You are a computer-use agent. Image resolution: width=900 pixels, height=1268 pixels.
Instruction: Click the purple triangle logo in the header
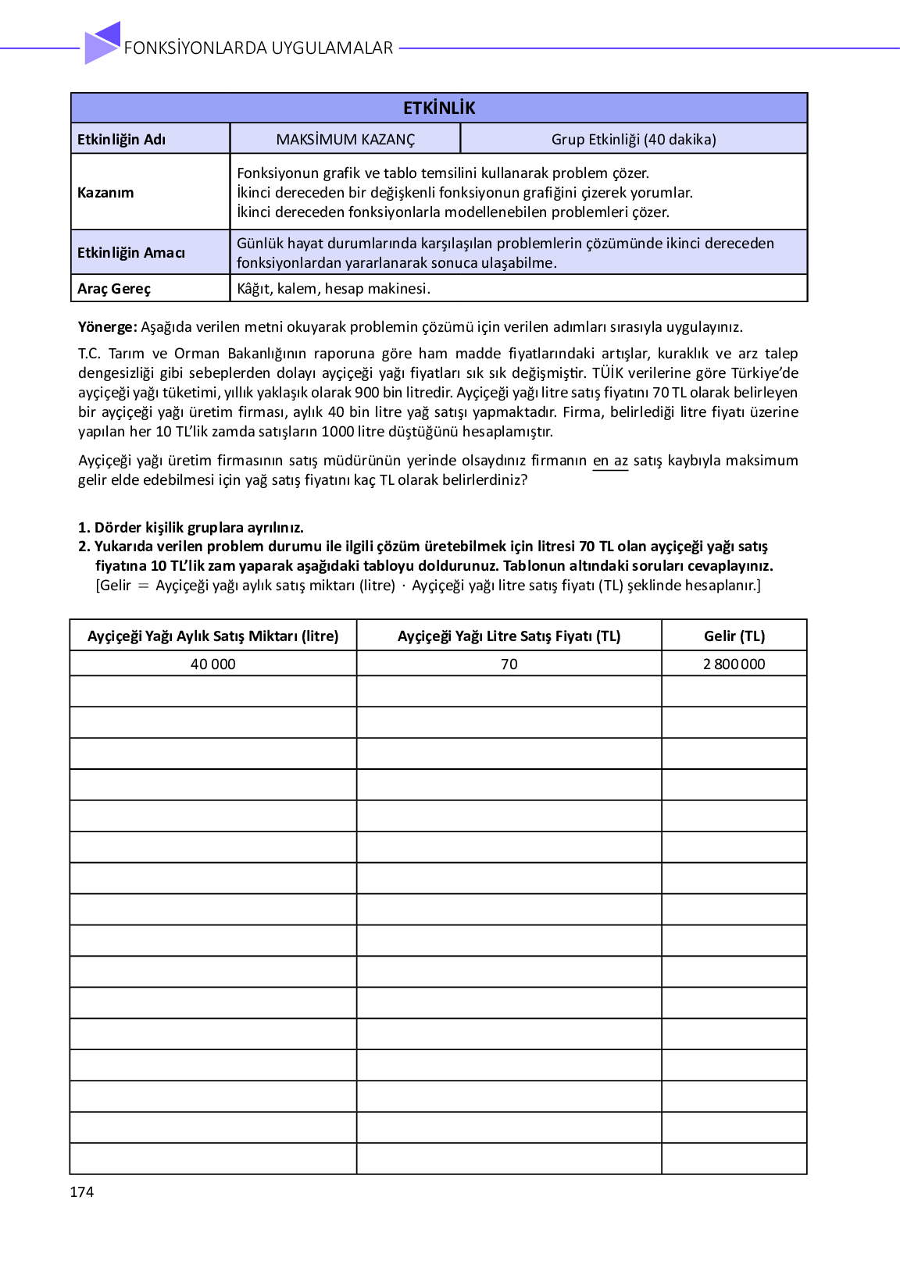pyautogui.click(x=102, y=43)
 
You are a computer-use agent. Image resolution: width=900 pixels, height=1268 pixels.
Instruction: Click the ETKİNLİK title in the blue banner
pyautogui.click(x=439, y=109)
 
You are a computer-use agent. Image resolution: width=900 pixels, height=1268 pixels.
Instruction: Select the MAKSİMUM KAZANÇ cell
pyautogui.click(x=345, y=140)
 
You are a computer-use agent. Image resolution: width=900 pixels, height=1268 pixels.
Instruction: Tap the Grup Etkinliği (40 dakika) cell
pyautogui.click(x=634, y=140)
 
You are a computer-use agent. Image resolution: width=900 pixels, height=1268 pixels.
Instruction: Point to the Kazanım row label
pyautogui.click(x=105, y=193)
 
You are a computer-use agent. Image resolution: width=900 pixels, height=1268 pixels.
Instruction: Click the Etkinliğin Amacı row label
pyautogui.click(x=131, y=253)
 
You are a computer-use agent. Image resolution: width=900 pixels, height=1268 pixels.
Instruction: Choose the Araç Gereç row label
pyautogui.click(x=114, y=289)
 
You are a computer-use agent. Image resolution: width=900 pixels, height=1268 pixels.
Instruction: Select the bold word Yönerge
pyautogui.click(x=107, y=327)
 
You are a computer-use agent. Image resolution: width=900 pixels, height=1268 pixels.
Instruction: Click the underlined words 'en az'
pyautogui.click(x=610, y=461)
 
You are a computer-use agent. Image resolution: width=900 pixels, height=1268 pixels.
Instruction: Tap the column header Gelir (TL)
pyautogui.click(x=734, y=636)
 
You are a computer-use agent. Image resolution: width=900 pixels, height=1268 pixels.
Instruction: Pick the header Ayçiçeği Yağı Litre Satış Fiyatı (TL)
pyautogui.click(x=509, y=636)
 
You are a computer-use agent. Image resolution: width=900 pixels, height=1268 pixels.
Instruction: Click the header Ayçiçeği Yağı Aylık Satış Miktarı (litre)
pyautogui.click(x=213, y=636)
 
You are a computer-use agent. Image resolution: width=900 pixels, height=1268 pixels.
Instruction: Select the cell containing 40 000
pyautogui.click(x=213, y=664)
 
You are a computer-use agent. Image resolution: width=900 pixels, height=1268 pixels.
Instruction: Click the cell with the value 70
pyautogui.click(x=509, y=664)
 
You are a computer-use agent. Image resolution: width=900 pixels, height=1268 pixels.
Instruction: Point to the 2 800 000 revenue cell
pyautogui.click(x=734, y=664)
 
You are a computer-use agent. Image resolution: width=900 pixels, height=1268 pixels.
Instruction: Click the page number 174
pyautogui.click(x=82, y=1192)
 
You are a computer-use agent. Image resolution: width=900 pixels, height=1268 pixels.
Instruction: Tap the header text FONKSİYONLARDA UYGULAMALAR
pyautogui.click(x=259, y=48)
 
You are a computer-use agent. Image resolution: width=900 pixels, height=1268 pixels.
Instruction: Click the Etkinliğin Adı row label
pyautogui.click(x=121, y=140)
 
